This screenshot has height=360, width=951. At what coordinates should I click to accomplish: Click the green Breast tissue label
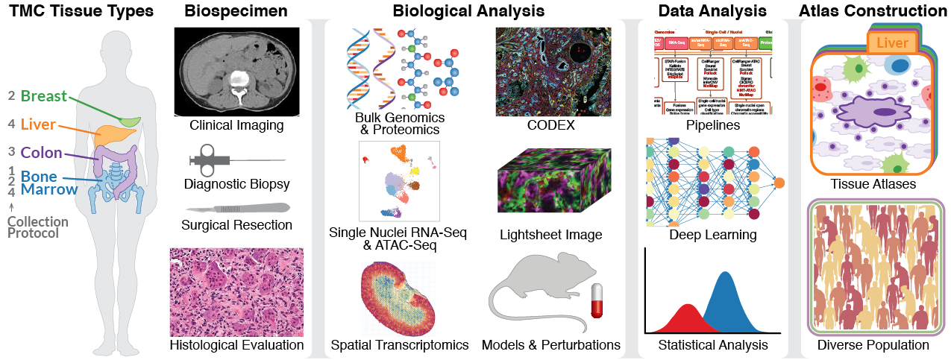(x=43, y=96)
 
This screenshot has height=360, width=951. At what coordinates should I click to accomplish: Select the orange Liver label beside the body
(x=38, y=124)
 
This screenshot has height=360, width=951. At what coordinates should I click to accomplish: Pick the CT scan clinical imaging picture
(x=236, y=71)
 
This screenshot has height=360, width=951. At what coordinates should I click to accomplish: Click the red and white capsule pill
(x=597, y=301)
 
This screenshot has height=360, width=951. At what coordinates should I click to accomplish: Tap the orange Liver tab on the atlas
(x=892, y=43)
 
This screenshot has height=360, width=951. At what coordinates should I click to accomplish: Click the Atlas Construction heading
(x=873, y=11)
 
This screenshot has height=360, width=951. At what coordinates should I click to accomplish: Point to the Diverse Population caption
(x=873, y=345)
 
